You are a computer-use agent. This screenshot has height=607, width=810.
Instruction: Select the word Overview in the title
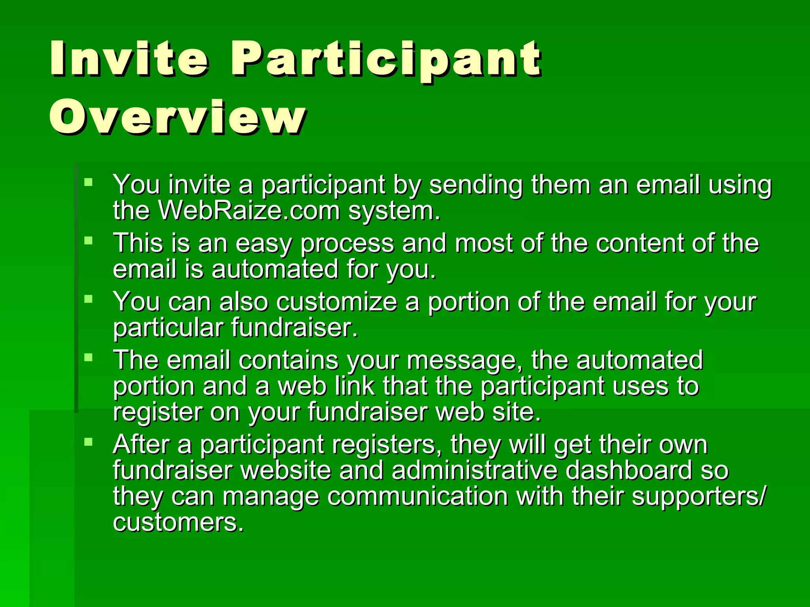[178, 117]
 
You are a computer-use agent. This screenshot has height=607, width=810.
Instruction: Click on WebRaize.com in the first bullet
[249, 211]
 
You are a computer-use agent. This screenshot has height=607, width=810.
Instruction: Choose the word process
[347, 243]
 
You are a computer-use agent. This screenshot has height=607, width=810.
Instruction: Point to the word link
[354, 386]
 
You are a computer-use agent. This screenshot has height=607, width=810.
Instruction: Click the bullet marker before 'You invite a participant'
[88, 182]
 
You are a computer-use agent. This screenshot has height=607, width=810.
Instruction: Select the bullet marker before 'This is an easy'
[88, 240]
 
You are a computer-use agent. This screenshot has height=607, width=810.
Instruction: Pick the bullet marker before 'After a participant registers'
[88, 441]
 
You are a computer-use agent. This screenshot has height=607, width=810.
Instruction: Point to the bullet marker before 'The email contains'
[88, 357]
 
